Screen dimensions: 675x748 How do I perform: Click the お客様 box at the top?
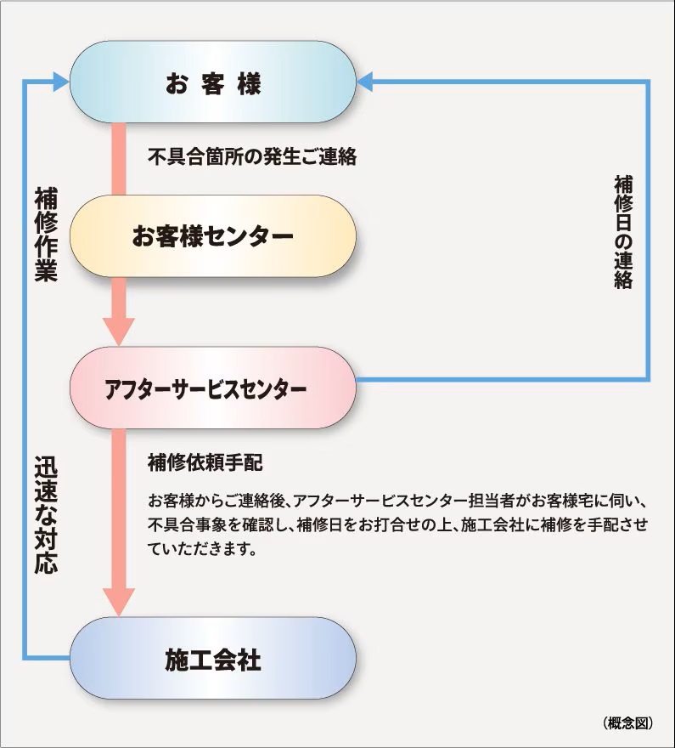pos(213,82)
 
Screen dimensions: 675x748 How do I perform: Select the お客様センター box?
pos(213,235)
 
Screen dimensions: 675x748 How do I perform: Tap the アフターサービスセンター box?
pos(213,388)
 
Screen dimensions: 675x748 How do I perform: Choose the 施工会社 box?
pos(213,658)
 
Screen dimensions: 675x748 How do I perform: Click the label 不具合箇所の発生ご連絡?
pos(252,156)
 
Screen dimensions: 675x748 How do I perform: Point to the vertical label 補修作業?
pos(46,235)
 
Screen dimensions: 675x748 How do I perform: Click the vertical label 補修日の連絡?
pos(623,232)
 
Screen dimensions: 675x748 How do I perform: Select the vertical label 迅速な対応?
pos(46,515)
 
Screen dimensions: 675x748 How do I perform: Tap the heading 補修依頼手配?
pos(205,462)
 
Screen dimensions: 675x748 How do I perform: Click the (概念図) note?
pos(627,722)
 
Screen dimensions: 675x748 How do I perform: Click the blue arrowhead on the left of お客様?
pos(61,82)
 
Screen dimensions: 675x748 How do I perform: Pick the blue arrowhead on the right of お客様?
pos(364,82)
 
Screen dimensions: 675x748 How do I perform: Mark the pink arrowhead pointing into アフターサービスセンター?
pos(119,331)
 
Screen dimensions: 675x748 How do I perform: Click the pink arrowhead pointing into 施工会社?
pos(119,602)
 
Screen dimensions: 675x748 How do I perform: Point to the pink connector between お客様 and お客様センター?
pos(119,159)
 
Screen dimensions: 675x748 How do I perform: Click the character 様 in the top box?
pos(249,83)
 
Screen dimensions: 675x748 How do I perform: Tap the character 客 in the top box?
pos(212,83)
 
